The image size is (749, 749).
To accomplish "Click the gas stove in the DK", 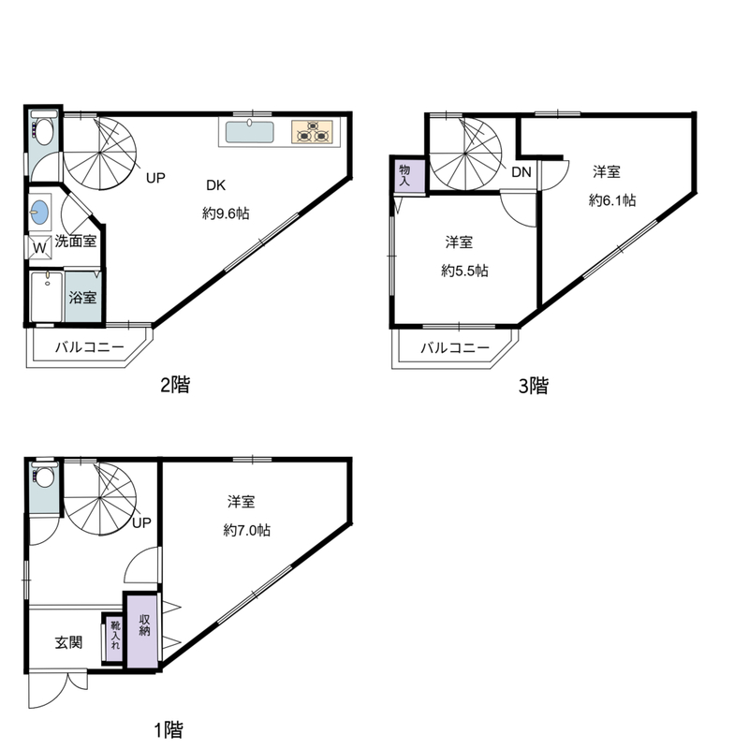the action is click(312, 132).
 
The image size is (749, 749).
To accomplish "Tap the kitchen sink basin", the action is click(250, 132).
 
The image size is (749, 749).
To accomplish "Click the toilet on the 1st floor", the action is click(43, 476).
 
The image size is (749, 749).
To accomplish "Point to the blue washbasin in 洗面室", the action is click(39, 213).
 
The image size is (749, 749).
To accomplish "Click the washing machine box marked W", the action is click(39, 247).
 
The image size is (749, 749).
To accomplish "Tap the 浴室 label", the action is click(82, 298).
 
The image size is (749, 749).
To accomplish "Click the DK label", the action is click(215, 185).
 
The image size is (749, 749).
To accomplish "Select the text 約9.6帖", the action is click(226, 213).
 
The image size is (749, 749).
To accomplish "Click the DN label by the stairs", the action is click(521, 172).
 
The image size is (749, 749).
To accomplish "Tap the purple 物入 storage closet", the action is click(409, 175).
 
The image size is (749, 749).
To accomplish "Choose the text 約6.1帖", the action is click(612, 200).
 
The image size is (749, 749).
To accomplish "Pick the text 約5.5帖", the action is click(464, 271).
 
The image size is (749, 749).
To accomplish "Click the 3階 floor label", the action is click(534, 386).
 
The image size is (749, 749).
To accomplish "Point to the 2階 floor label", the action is click(175, 384).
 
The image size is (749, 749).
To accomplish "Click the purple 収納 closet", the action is click(142, 630).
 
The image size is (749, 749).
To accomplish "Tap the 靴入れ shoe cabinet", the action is click(115, 639).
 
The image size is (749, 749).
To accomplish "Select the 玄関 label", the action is click(68, 642).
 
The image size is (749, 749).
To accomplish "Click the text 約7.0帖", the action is click(247, 530).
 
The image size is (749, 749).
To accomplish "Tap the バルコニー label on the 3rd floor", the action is click(455, 347).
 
